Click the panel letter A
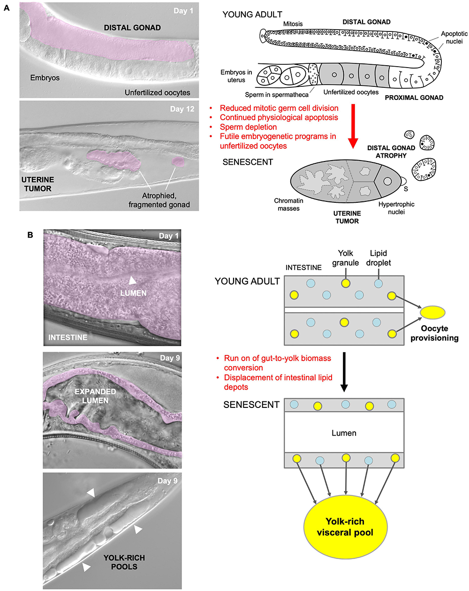pyautogui.click(x=7, y=8)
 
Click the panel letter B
pyautogui.click(x=30, y=235)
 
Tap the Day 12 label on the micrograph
pyautogui.click(x=182, y=109)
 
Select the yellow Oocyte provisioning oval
pyautogui.click(x=432, y=312)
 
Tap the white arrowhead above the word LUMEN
pyautogui.click(x=133, y=280)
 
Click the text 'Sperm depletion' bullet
pyautogui.click(x=248, y=127)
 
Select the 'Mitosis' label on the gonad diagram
pyautogui.click(x=293, y=24)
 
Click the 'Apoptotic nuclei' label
pyautogui.click(x=454, y=38)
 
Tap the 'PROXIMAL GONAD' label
pyautogui.click(x=414, y=98)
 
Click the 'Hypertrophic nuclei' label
pyautogui.click(x=396, y=208)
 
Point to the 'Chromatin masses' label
pyautogui.click(x=288, y=204)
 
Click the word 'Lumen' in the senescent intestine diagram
pyautogui.click(x=344, y=433)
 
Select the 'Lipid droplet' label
pyautogui.click(x=378, y=258)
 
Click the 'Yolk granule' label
pyautogui.click(x=346, y=258)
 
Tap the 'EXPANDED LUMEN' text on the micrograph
pyautogui.click(x=95, y=396)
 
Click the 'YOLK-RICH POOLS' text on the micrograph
pyautogui.click(x=124, y=562)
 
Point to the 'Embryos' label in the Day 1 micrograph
pyautogui.click(x=45, y=78)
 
